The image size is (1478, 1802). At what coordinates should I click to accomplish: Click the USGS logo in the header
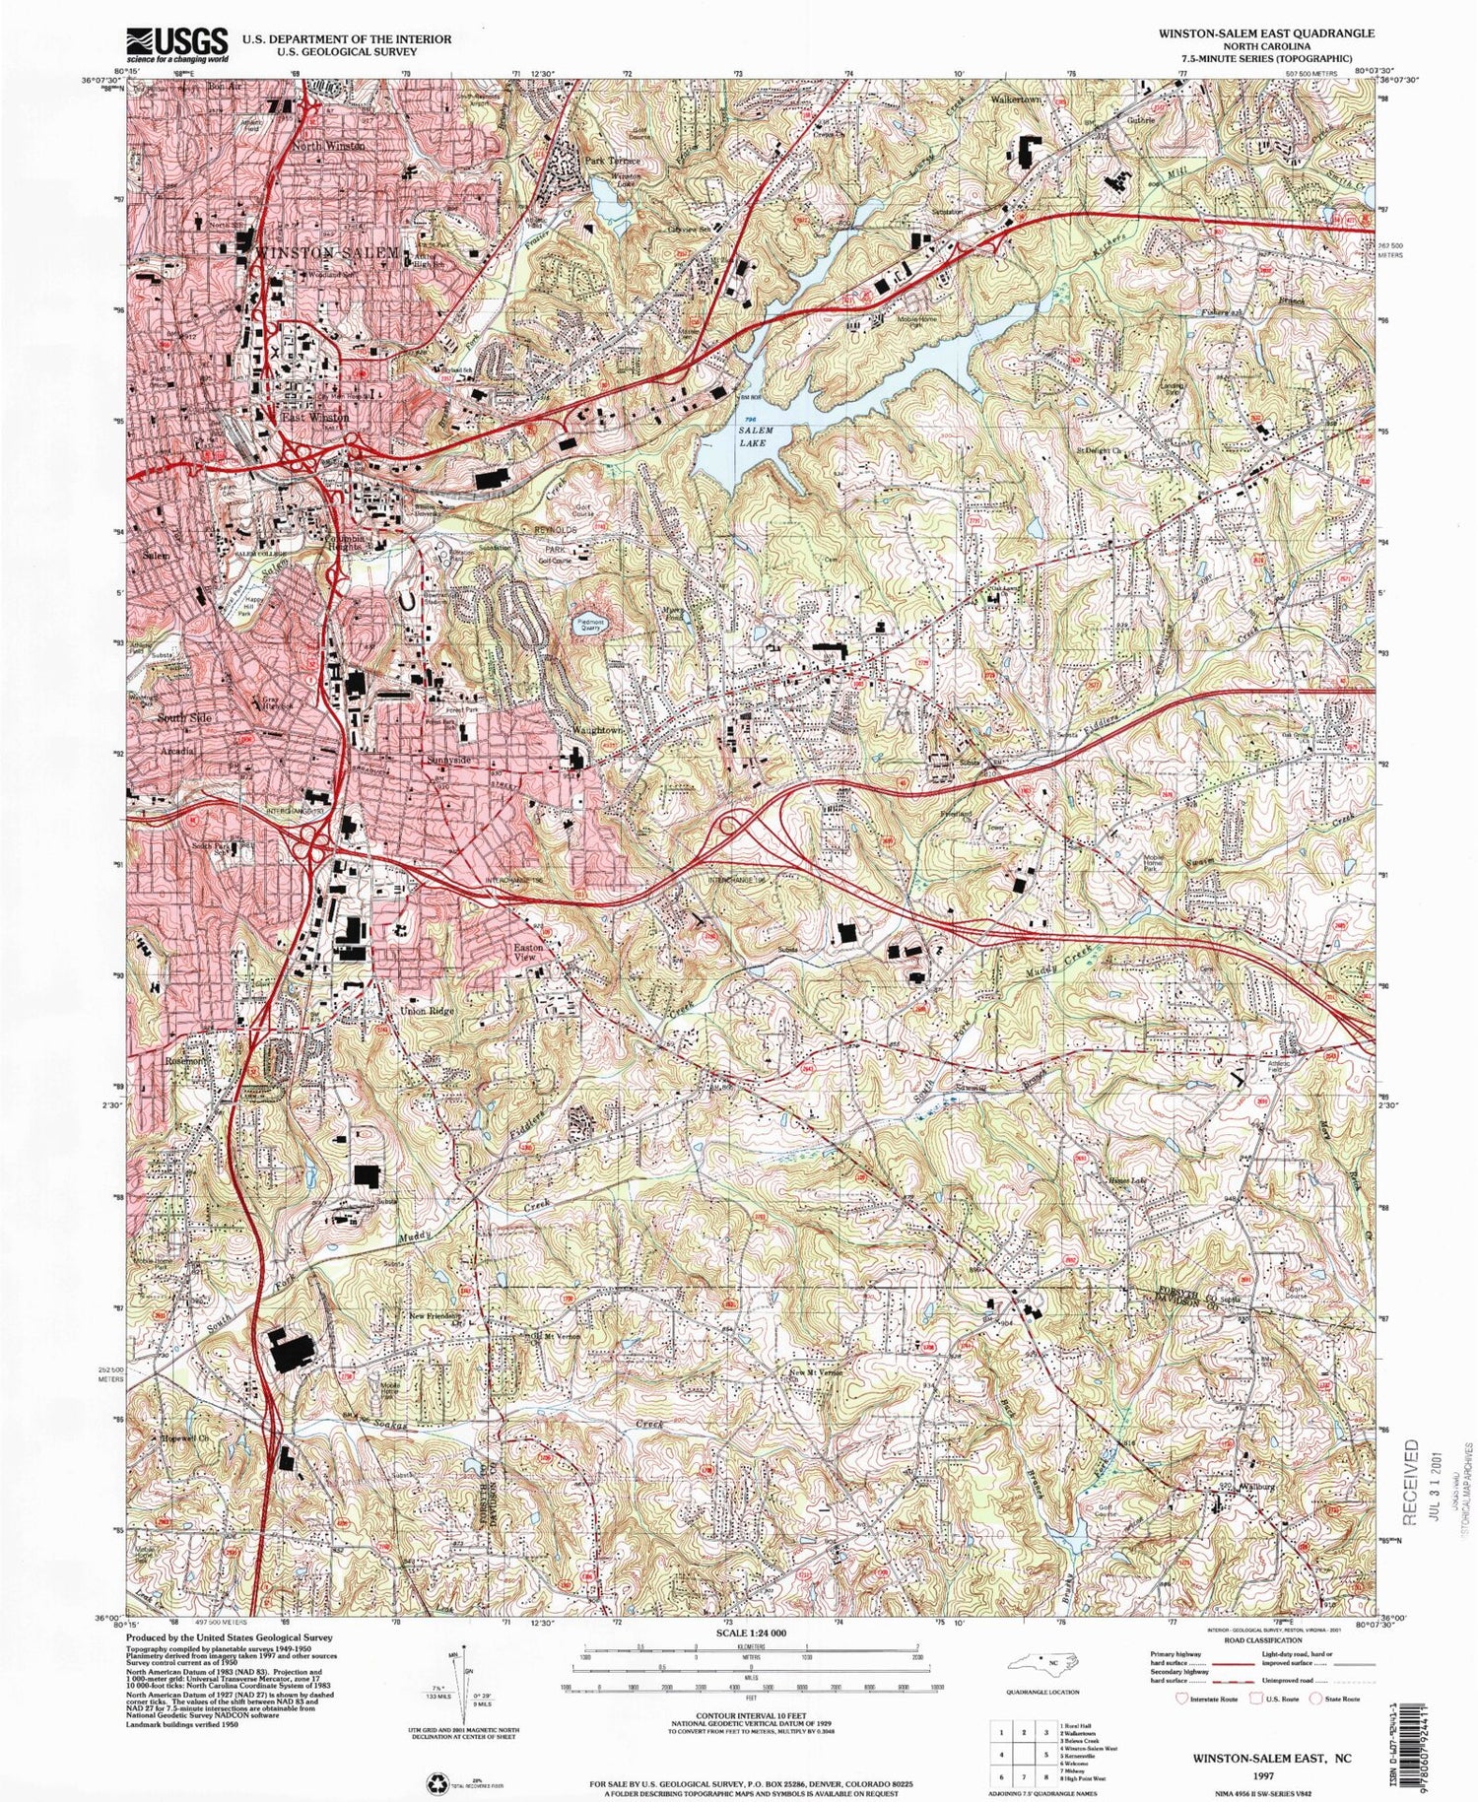coord(177,45)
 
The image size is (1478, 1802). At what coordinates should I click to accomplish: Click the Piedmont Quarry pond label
coord(592,624)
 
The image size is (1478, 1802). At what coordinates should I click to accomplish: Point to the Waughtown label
coord(598,730)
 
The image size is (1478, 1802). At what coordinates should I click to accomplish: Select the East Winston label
coord(315,418)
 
